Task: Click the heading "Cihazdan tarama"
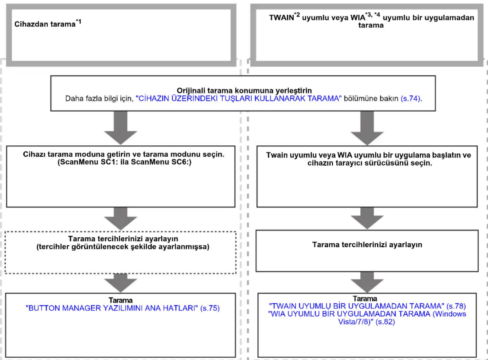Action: point(45,24)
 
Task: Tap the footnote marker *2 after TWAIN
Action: point(297,15)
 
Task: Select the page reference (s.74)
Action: point(410,99)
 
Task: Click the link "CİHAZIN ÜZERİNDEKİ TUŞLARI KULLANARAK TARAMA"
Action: point(238,99)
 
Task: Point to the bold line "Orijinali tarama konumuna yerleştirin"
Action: point(244,91)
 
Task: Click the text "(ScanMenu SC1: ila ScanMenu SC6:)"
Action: point(124,162)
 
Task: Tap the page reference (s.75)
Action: point(210,308)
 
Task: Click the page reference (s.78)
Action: point(456,306)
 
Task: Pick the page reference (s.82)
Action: point(385,322)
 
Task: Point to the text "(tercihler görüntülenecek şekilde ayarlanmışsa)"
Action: point(123,247)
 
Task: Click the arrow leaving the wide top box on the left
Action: point(120,128)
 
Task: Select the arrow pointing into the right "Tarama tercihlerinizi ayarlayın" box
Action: point(367,218)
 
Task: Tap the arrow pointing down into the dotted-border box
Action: point(120,219)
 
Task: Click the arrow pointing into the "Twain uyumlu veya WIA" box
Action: point(367,128)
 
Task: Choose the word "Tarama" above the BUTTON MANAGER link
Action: point(120,300)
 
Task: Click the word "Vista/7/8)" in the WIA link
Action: point(356,322)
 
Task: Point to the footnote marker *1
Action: point(78,22)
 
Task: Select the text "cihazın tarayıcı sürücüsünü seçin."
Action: point(370,163)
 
